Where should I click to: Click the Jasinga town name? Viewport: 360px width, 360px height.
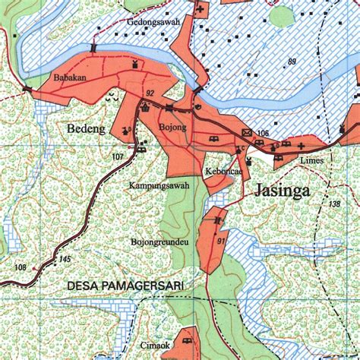tap(282, 191)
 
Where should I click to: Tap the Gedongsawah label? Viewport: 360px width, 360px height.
tap(153, 22)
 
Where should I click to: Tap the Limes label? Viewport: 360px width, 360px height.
tap(311, 162)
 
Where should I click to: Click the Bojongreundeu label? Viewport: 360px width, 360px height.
tap(159, 242)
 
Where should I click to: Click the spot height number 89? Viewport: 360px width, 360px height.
tap(292, 61)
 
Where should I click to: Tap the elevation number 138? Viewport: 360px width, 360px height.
tap(335, 204)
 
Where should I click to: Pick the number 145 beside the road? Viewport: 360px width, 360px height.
tap(65, 260)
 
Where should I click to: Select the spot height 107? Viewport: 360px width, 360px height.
tap(117, 157)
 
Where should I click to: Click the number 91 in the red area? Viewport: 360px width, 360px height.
tap(220, 241)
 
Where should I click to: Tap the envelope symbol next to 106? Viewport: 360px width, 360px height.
tap(246, 132)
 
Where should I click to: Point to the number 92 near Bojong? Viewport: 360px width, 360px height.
tap(150, 93)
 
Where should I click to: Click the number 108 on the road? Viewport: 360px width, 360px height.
tap(21, 267)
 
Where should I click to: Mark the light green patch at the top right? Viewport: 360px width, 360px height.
tap(282, 15)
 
